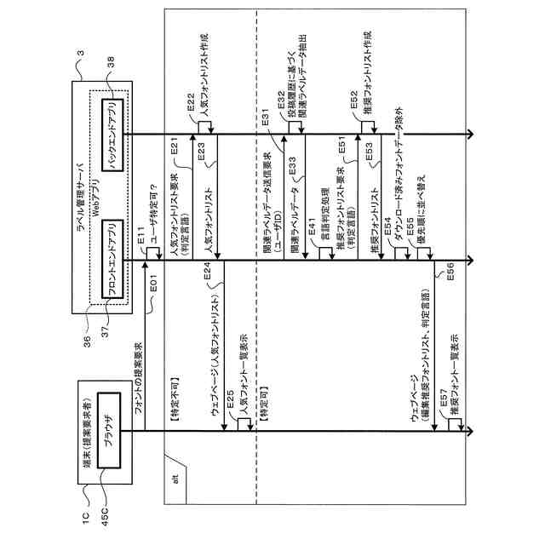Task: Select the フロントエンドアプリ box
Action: click(x=112, y=261)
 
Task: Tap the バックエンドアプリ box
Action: click(x=112, y=134)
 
